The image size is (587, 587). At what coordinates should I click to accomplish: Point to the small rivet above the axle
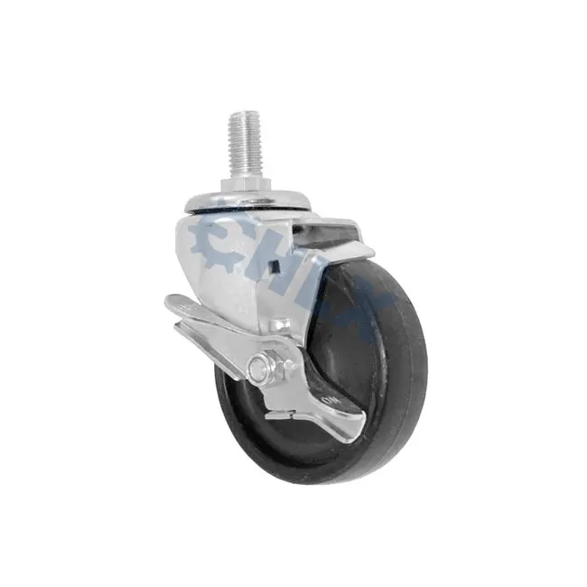(x=280, y=323)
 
